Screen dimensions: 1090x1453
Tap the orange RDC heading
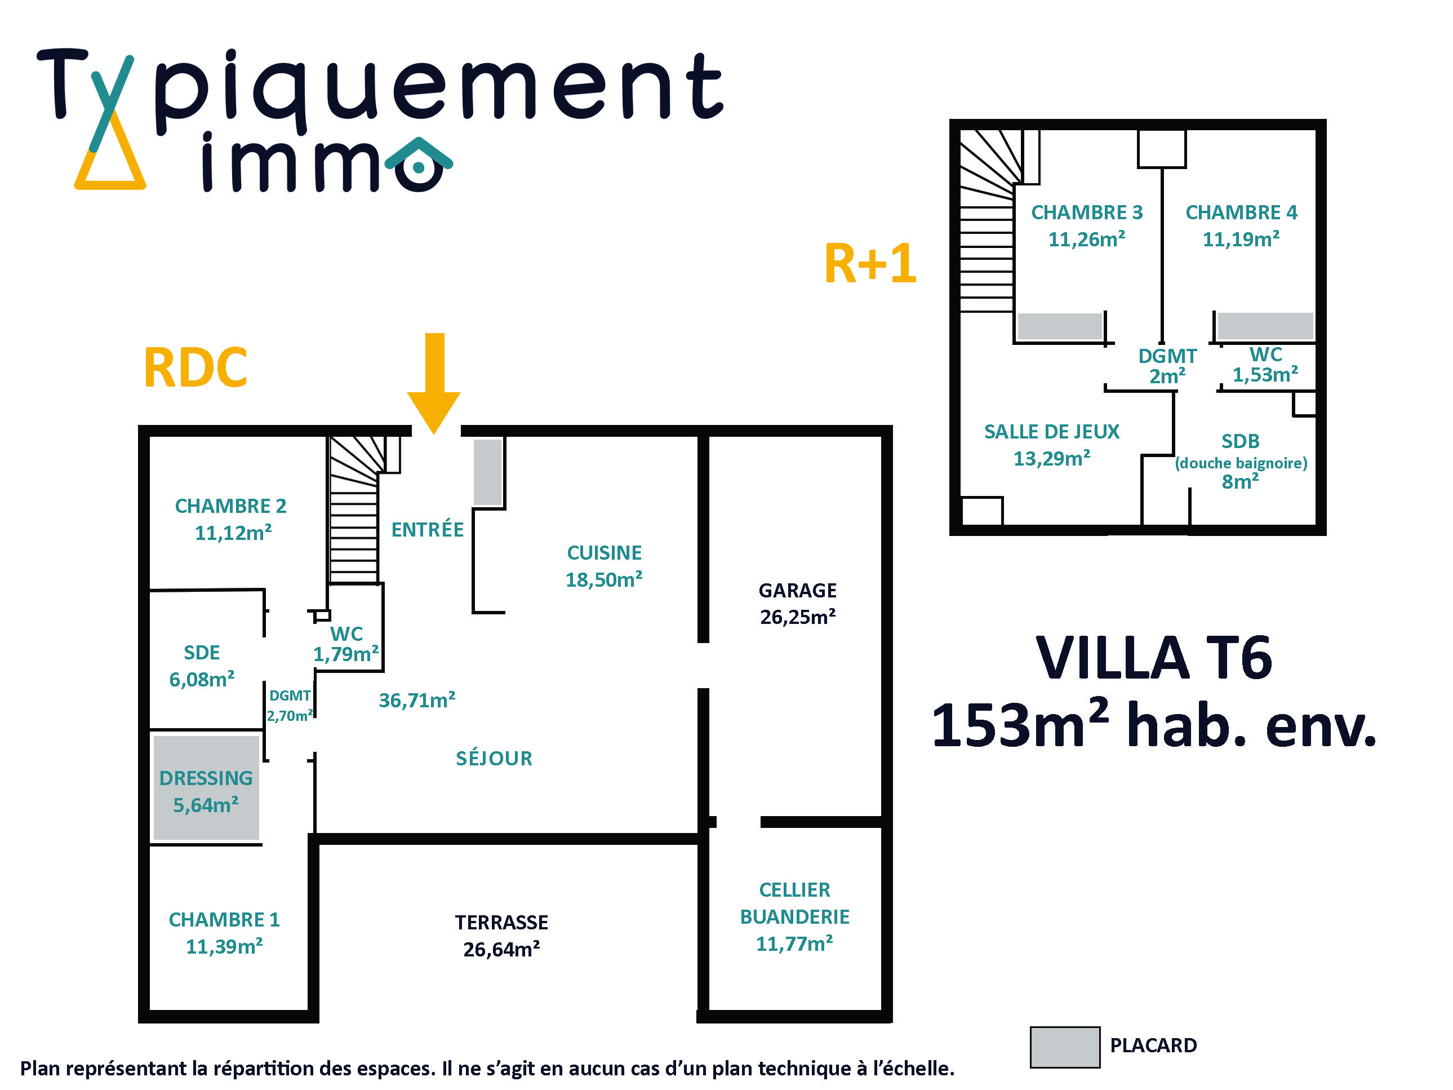point(195,368)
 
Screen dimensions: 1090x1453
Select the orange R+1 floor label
point(870,263)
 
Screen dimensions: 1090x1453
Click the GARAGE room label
point(797,590)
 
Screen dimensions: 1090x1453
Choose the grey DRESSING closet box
point(206,787)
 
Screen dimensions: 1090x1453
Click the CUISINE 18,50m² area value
point(603,579)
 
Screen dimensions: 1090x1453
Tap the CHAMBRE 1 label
point(224,919)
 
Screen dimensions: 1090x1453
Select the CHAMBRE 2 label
point(230,506)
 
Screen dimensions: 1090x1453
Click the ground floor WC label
point(346,633)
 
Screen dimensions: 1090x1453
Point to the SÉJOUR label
point(494,758)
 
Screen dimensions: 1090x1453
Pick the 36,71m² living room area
point(417,701)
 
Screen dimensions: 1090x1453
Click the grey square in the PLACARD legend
point(1064,1047)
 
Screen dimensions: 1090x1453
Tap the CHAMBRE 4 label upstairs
point(1241,212)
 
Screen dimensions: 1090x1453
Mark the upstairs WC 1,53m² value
point(1265,374)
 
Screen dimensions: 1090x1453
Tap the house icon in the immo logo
point(419,164)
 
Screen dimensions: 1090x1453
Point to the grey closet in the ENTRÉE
point(487,472)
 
